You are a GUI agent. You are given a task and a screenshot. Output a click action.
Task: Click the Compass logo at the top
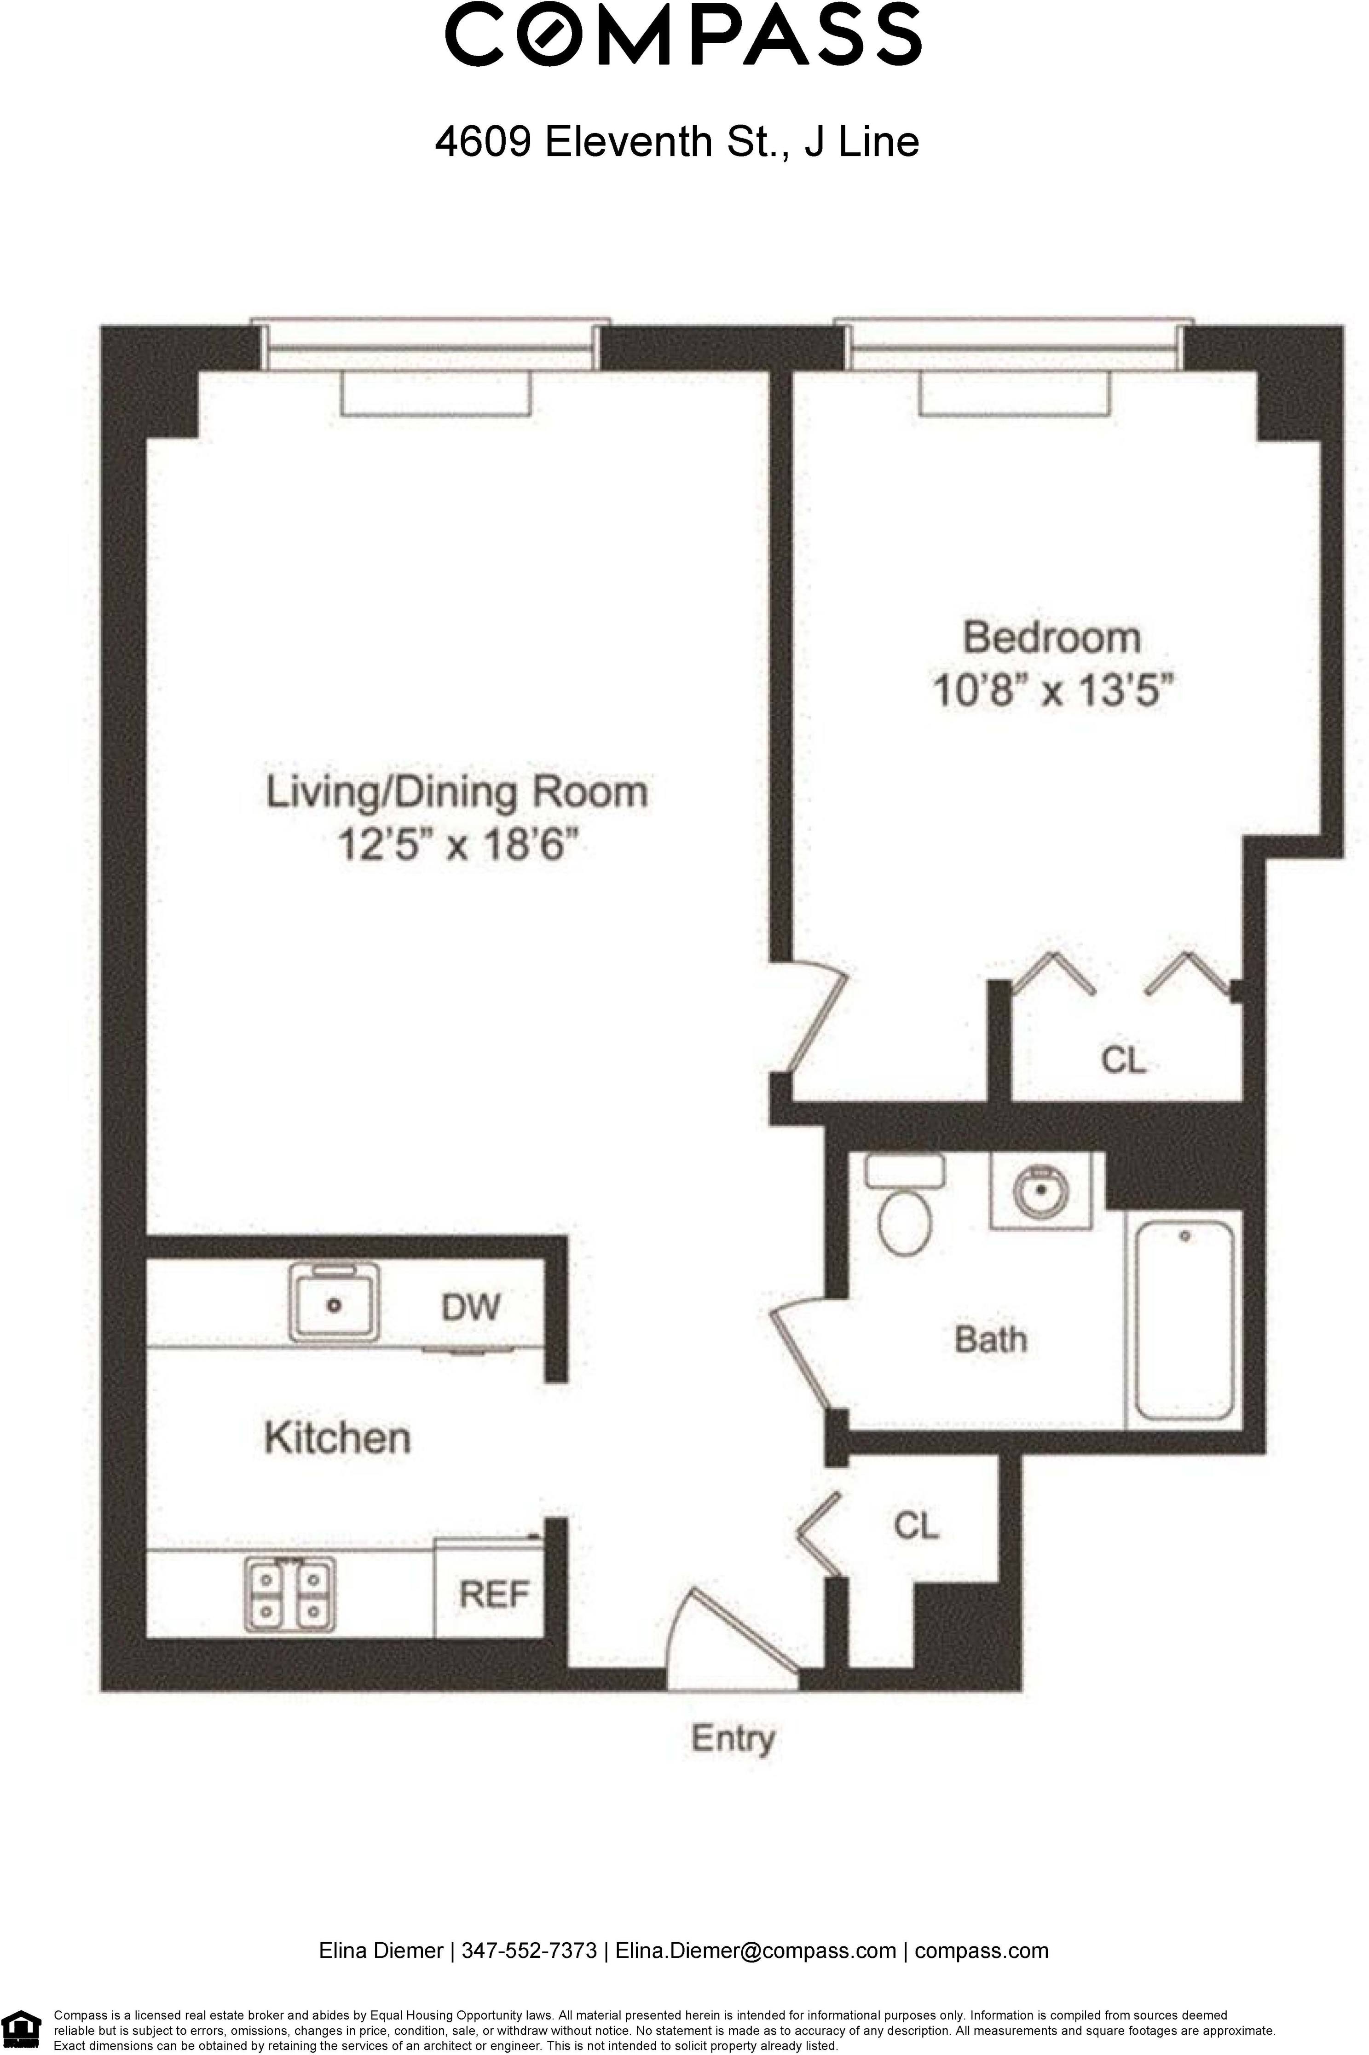684,35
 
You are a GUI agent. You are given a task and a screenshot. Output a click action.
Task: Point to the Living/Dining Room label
456,792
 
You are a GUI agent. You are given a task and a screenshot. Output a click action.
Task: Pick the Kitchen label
337,1438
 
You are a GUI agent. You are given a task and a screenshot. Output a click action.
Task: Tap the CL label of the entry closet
916,1525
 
